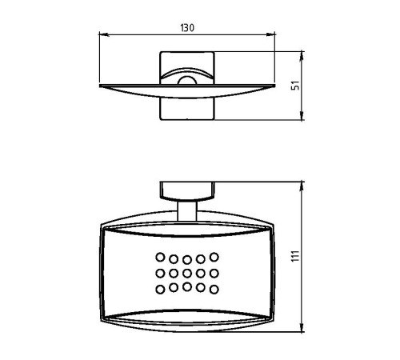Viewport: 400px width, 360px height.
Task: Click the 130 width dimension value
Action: pyautogui.click(x=187, y=26)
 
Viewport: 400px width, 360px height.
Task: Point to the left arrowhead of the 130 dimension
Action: pyautogui.click(x=102, y=34)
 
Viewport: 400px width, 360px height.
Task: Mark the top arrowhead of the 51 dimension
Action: pyautogui.click(x=302, y=55)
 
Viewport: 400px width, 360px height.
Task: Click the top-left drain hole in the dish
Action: pyautogui.click(x=160, y=258)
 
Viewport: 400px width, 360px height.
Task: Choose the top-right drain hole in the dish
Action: pyautogui.click(x=214, y=258)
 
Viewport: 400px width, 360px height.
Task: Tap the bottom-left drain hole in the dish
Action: pyautogui.click(x=160, y=288)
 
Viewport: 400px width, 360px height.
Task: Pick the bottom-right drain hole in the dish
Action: pyautogui.click(x=214, y=288)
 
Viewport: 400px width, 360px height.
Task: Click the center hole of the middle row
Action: pyautogui.click(x=187, y=273)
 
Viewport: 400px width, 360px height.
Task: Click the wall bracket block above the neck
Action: pyautogui.click(x=187, y=190)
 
